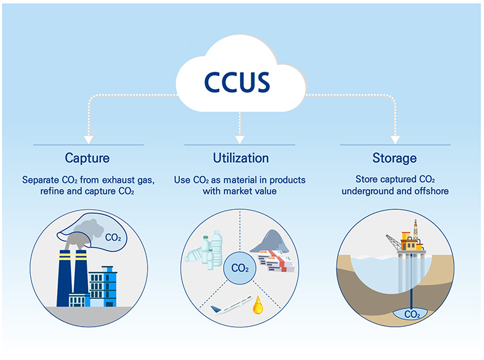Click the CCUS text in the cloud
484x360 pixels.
tap(237, 81)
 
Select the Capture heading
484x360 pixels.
tap(89, 157)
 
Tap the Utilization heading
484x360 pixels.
tap(239, 157)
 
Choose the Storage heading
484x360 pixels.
tap(394, 157)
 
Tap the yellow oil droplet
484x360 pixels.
tap(258, 306)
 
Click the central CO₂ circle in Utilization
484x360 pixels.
tap(239, 268)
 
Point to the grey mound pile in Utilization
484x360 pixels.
tap(269, 242)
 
